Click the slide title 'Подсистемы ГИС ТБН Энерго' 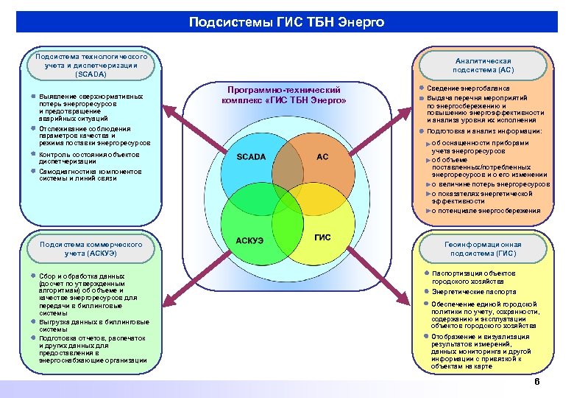point(286,22)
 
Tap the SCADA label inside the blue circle point(251,157)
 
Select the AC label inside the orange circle point(322,156)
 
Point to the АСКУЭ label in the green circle point(251,240)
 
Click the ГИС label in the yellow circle point(322,237)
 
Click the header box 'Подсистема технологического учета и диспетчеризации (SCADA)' point(91,66)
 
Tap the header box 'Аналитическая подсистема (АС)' point(483,65)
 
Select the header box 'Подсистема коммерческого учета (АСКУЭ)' point(91,248)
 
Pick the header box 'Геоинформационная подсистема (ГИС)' point(483,248)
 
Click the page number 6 point(536,382)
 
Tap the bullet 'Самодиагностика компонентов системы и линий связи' point(85,175)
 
